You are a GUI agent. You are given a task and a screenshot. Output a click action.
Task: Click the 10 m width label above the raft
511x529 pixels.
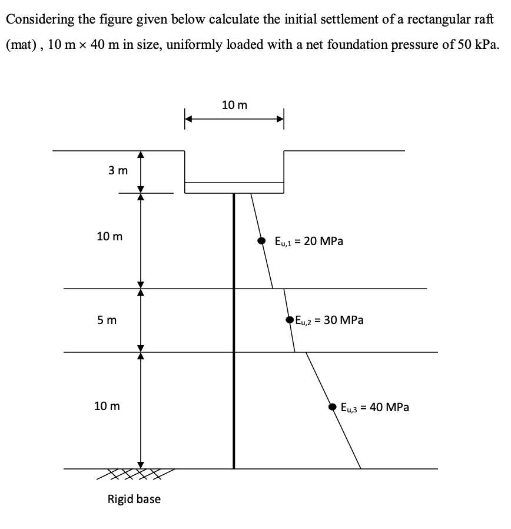point(235,105)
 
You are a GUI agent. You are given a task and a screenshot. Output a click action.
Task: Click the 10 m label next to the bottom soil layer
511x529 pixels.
point(107,406)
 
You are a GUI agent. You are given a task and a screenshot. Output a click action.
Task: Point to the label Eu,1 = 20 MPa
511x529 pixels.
point(309,241)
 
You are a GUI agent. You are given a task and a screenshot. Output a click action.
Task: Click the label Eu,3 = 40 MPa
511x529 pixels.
point(375,406)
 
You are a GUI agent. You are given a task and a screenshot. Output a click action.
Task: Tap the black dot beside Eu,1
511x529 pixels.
point(261,241)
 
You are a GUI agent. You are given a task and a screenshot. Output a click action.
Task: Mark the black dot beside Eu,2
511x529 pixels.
point(290,320)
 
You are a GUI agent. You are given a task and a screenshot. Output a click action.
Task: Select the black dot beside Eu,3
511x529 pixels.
point(333,406)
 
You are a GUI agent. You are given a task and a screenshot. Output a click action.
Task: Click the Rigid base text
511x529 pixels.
point(134,499)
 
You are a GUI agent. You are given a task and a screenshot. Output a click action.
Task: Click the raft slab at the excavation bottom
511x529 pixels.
point(234,188)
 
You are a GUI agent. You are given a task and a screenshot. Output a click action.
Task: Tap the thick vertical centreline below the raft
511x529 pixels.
point(234,330)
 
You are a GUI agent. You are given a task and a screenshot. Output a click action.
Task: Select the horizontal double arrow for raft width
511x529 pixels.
point(234,118)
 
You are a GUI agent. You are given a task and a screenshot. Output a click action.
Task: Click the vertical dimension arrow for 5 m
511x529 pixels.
point(140,320)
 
